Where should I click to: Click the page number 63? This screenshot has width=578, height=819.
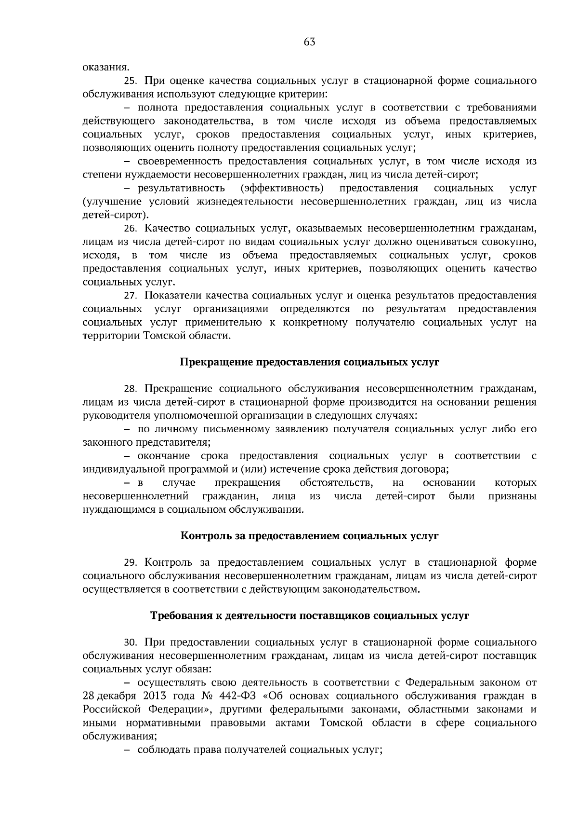pos(309,42)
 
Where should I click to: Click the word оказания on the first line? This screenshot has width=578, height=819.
pos(106,67)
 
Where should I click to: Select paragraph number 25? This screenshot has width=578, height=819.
pos(131,80)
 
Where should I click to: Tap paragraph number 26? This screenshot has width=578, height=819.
pos(131,228)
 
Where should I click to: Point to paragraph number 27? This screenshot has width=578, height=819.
pos(131,295)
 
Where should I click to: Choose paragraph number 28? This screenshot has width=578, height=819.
pos(131,388)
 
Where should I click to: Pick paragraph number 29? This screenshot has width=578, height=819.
pos(131,562)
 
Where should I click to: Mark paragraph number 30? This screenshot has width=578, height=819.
pos(131,642)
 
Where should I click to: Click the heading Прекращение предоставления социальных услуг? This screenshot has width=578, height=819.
pos(309,362)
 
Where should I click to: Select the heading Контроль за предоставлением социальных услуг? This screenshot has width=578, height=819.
pos(309,535)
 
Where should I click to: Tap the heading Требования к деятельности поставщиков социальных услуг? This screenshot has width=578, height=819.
pos(309,616)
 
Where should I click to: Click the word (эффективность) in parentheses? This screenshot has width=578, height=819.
pos(282,188)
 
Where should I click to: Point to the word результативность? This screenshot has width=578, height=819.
pos(181,188)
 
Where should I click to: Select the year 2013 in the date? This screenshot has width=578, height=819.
pos(154,696)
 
